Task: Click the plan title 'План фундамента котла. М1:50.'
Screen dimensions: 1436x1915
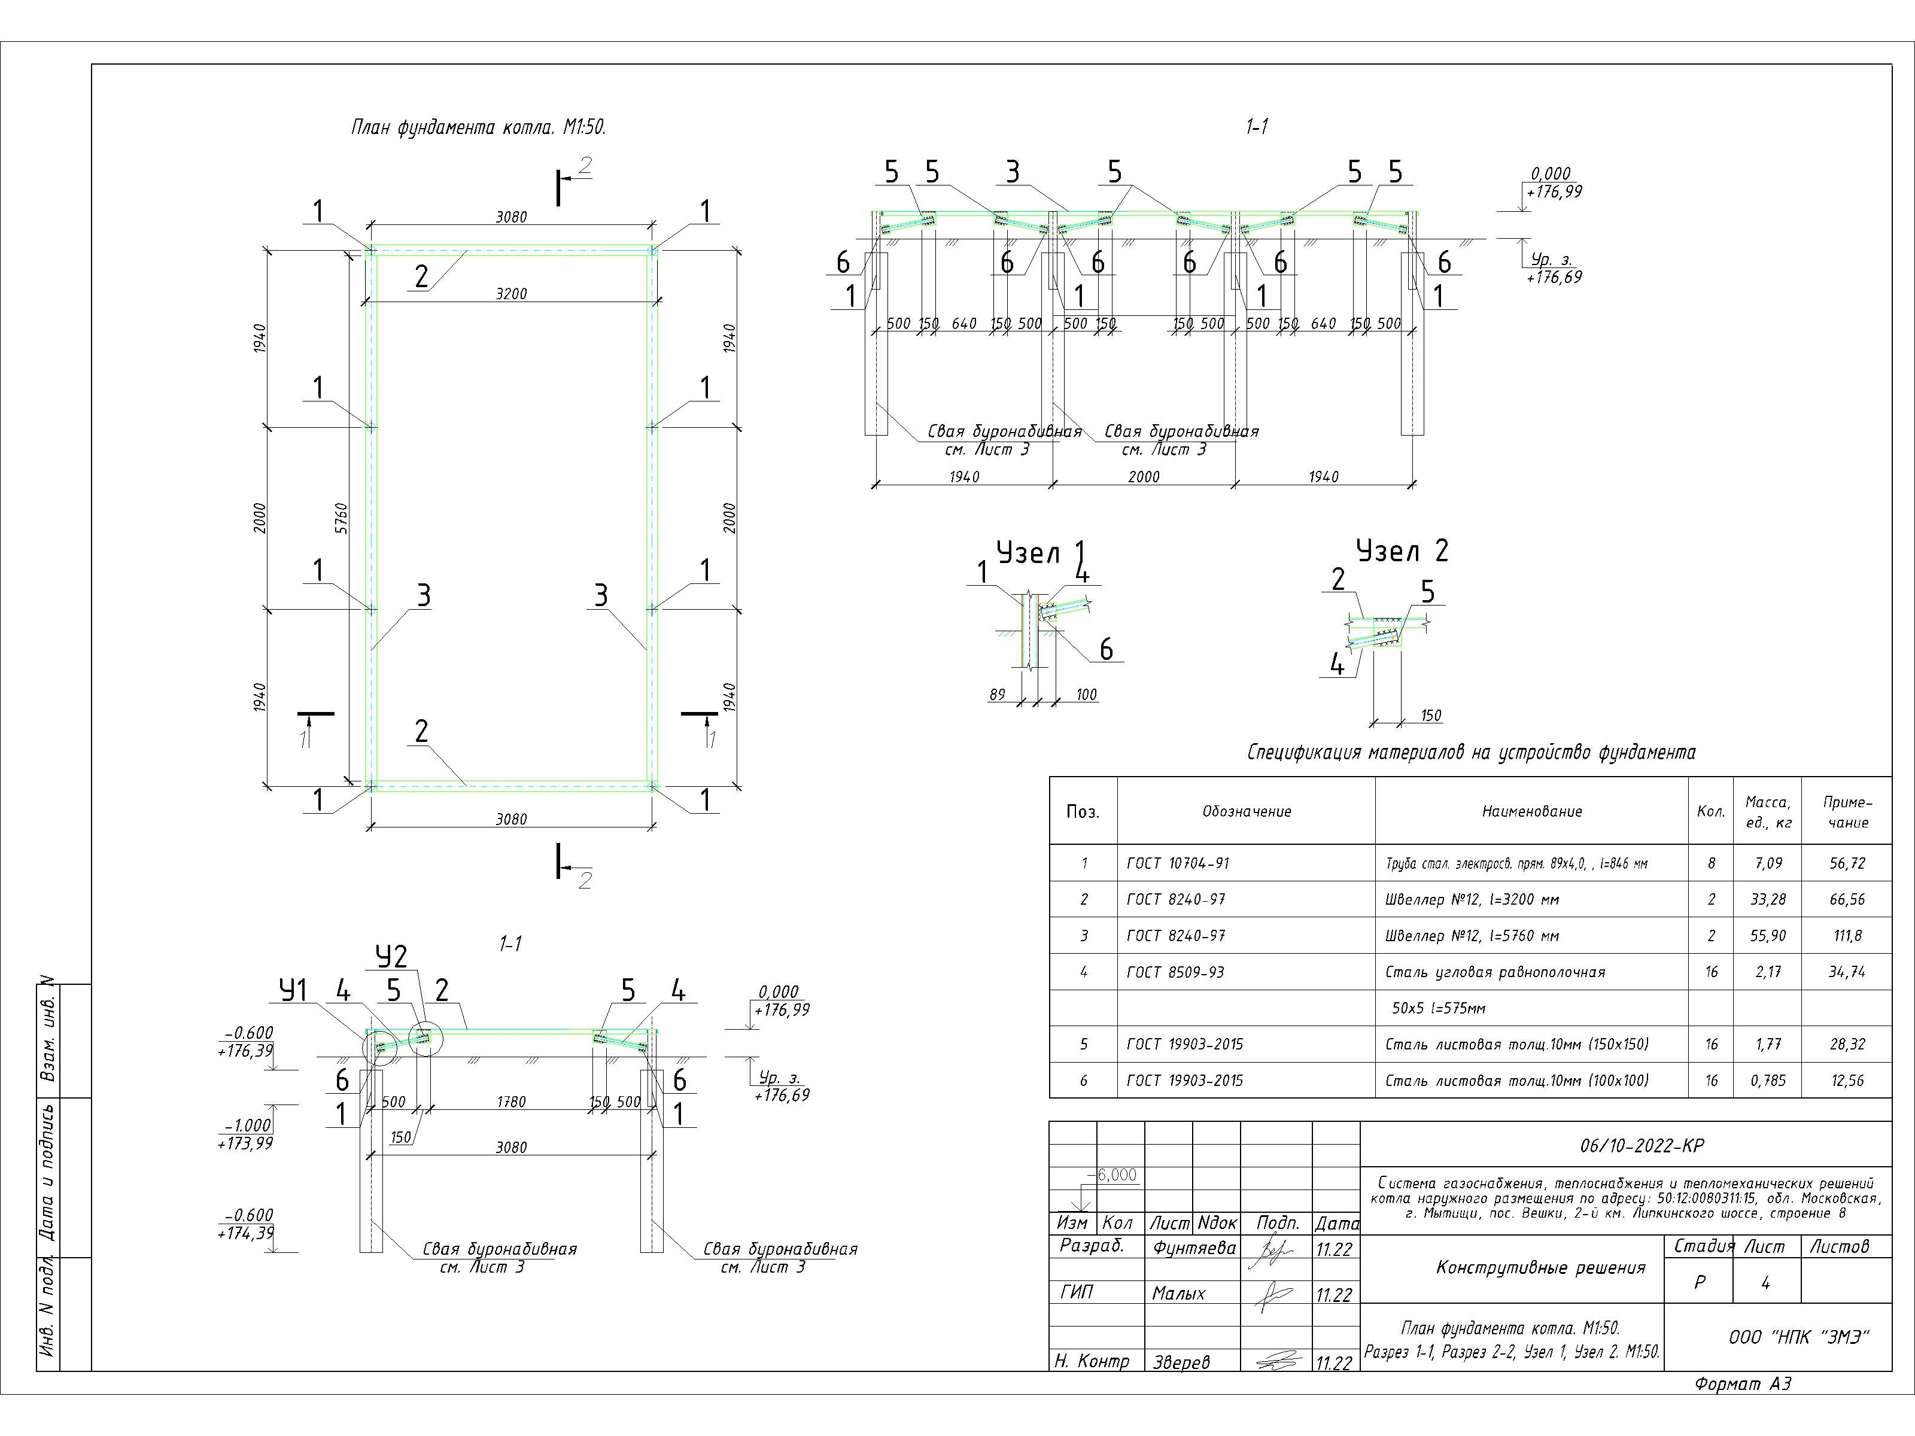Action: point(478,128)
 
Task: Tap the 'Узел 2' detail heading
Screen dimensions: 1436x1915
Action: point(1402,550)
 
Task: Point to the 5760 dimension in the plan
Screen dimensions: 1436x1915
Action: point(341,518)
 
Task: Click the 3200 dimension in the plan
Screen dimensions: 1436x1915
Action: point(511,293)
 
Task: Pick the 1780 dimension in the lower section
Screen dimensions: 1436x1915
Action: point(511,1102)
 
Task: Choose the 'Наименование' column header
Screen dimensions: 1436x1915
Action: point(1531,811)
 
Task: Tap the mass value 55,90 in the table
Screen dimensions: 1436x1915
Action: point(1767,936)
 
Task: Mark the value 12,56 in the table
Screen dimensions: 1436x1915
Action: point(1847,1080)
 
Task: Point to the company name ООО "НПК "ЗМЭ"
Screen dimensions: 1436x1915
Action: point(1798,1337)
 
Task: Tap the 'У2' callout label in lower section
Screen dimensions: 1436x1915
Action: point(391,957)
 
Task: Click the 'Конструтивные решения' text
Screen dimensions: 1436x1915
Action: point(1540,1268)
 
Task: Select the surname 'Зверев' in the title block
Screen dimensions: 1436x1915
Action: point(1181,1362)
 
